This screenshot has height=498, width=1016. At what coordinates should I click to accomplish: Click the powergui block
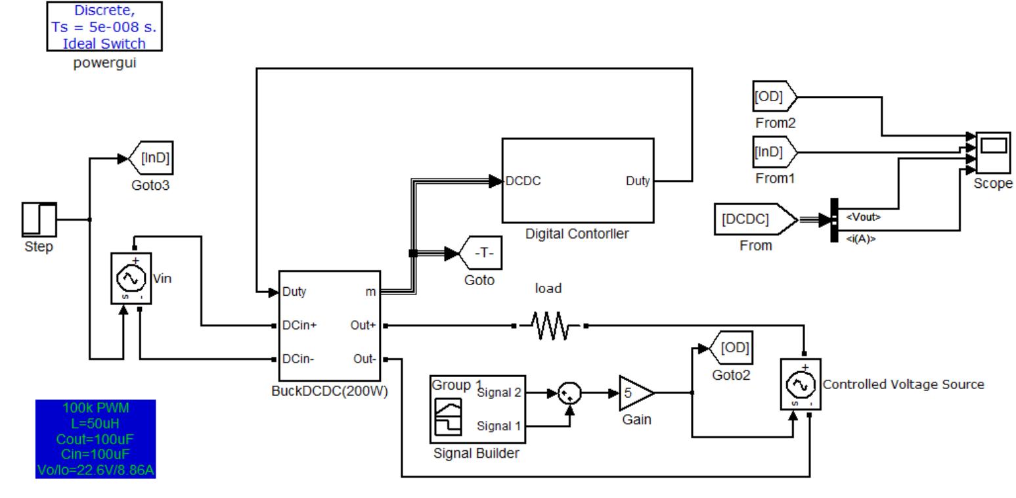point(104,26)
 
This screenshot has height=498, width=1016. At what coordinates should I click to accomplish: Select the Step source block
point(39,219)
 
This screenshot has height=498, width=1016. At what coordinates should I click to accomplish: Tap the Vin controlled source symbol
point(131,279)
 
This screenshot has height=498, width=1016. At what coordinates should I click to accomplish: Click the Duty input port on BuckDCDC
point(294,292)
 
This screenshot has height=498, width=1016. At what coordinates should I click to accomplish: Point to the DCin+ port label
point(299,325)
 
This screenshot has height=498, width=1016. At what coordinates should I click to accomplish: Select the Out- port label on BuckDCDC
point(364,359)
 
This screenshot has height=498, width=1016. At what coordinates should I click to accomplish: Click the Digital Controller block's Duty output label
point(637,181)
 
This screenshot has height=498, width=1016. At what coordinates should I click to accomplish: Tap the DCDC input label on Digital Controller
point(523,181)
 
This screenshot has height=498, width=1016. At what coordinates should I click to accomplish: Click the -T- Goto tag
point(482,253)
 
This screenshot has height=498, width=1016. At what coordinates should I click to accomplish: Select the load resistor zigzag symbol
point(549,325)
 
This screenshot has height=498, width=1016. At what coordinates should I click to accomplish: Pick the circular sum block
point(569,394)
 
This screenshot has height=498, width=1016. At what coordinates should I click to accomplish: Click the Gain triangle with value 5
point(634,393)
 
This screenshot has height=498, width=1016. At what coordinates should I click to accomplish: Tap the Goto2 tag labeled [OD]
point(733,348)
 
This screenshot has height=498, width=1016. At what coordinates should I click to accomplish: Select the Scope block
point(993,152)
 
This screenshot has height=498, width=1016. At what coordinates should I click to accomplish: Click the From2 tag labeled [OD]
point(773,97)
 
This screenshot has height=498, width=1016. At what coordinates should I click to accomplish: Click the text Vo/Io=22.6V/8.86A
point(96,470)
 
